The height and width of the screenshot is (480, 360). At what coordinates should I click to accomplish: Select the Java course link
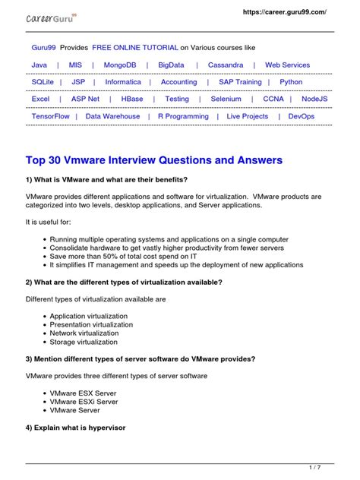(x=39, y=65)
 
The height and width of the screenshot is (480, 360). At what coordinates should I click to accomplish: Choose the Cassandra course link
(x=226, y=65)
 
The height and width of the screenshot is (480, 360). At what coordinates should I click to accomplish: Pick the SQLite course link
(x=43, y=82)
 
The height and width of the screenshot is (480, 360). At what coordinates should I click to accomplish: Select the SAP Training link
(x=240, y=82)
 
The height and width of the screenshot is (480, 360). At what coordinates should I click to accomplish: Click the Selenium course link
(x=226, y=99)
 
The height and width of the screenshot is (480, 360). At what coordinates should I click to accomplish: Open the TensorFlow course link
(x=51, y=116)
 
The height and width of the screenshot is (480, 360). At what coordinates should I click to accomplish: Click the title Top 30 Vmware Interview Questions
(x=154, y=160)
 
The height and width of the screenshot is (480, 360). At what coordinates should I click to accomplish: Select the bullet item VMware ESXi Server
(x=84, y=401)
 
